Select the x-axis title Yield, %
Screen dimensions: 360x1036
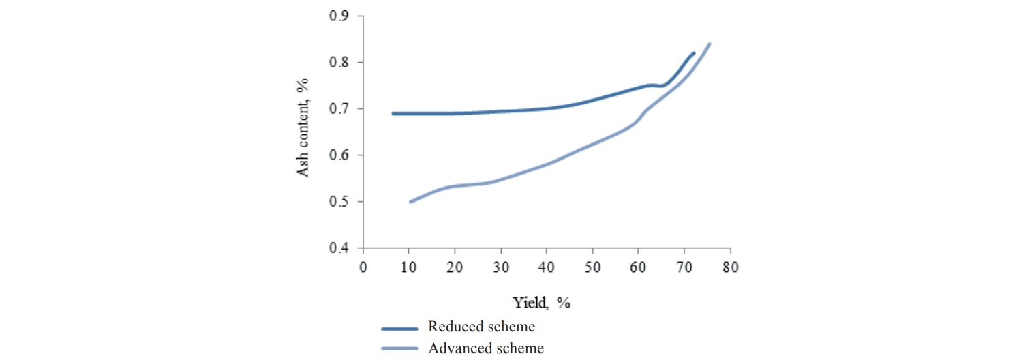click(541, 303)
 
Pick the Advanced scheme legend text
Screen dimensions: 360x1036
click(486, 348)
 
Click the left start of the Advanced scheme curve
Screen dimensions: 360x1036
click(410, 202)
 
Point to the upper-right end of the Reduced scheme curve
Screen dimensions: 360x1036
click(693, 52)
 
